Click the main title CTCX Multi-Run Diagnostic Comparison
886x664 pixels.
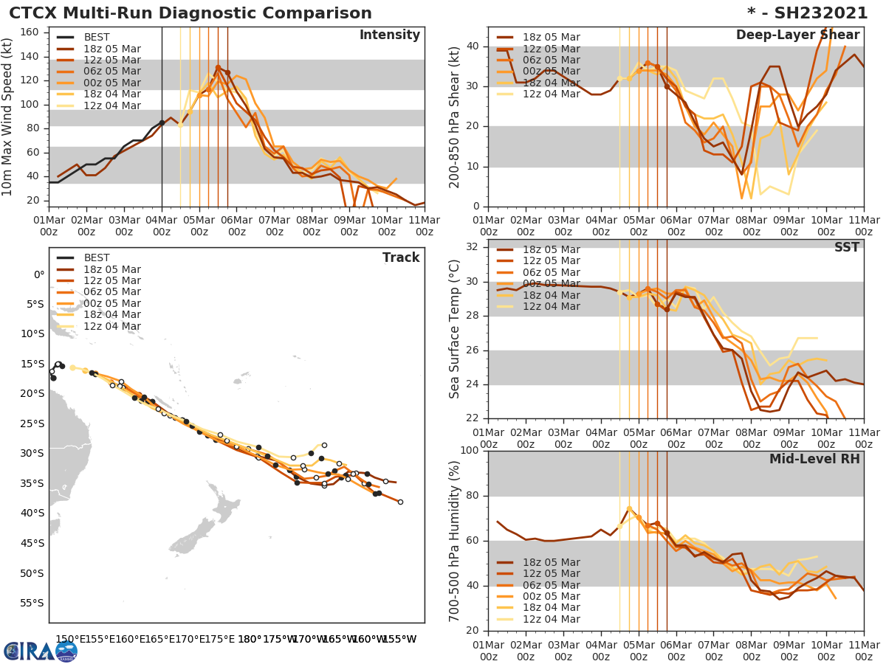pos(190,13)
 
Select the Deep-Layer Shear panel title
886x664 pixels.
pos(797,35)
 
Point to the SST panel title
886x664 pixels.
pos(846,247)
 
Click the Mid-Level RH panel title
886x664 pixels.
pos(814,459)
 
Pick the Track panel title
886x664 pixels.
pos(401,257)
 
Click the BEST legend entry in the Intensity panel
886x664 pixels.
pos(97,37)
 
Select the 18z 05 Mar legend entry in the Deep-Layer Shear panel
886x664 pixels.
pos(551,37)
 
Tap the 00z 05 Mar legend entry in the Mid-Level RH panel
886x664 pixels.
pos(551,596)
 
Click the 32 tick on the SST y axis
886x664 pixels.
pos(473,246)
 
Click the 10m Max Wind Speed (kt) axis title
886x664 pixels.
pos(9,117)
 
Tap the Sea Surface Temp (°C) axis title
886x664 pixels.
pos(455,328)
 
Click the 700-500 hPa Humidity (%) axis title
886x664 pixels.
pos(455,540)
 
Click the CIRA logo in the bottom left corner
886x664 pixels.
pos(41,651)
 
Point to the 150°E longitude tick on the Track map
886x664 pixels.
pos(68,639)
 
